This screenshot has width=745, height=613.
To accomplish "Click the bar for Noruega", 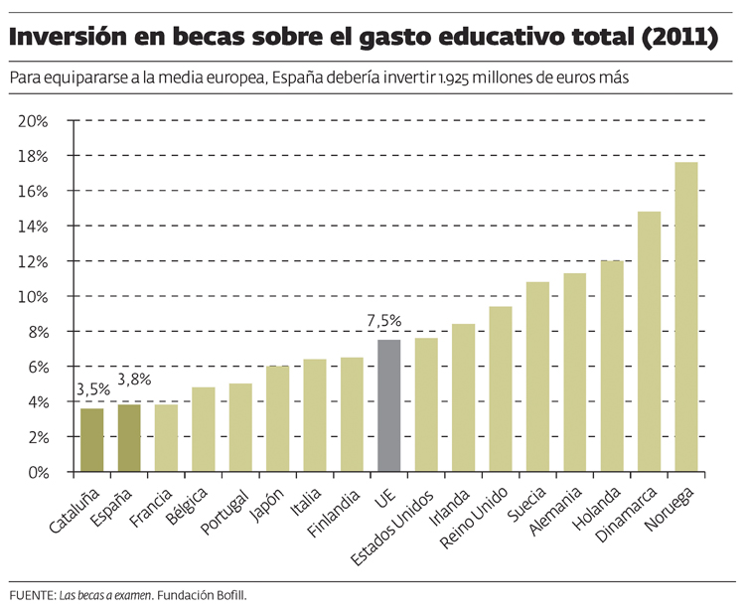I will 686,318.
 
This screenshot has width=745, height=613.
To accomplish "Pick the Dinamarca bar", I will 649,342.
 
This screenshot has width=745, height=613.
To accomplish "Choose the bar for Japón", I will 277,418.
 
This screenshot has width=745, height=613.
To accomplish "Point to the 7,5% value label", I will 384,321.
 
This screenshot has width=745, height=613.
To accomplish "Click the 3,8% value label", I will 134,379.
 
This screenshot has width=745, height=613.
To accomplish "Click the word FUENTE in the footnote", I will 31,595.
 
